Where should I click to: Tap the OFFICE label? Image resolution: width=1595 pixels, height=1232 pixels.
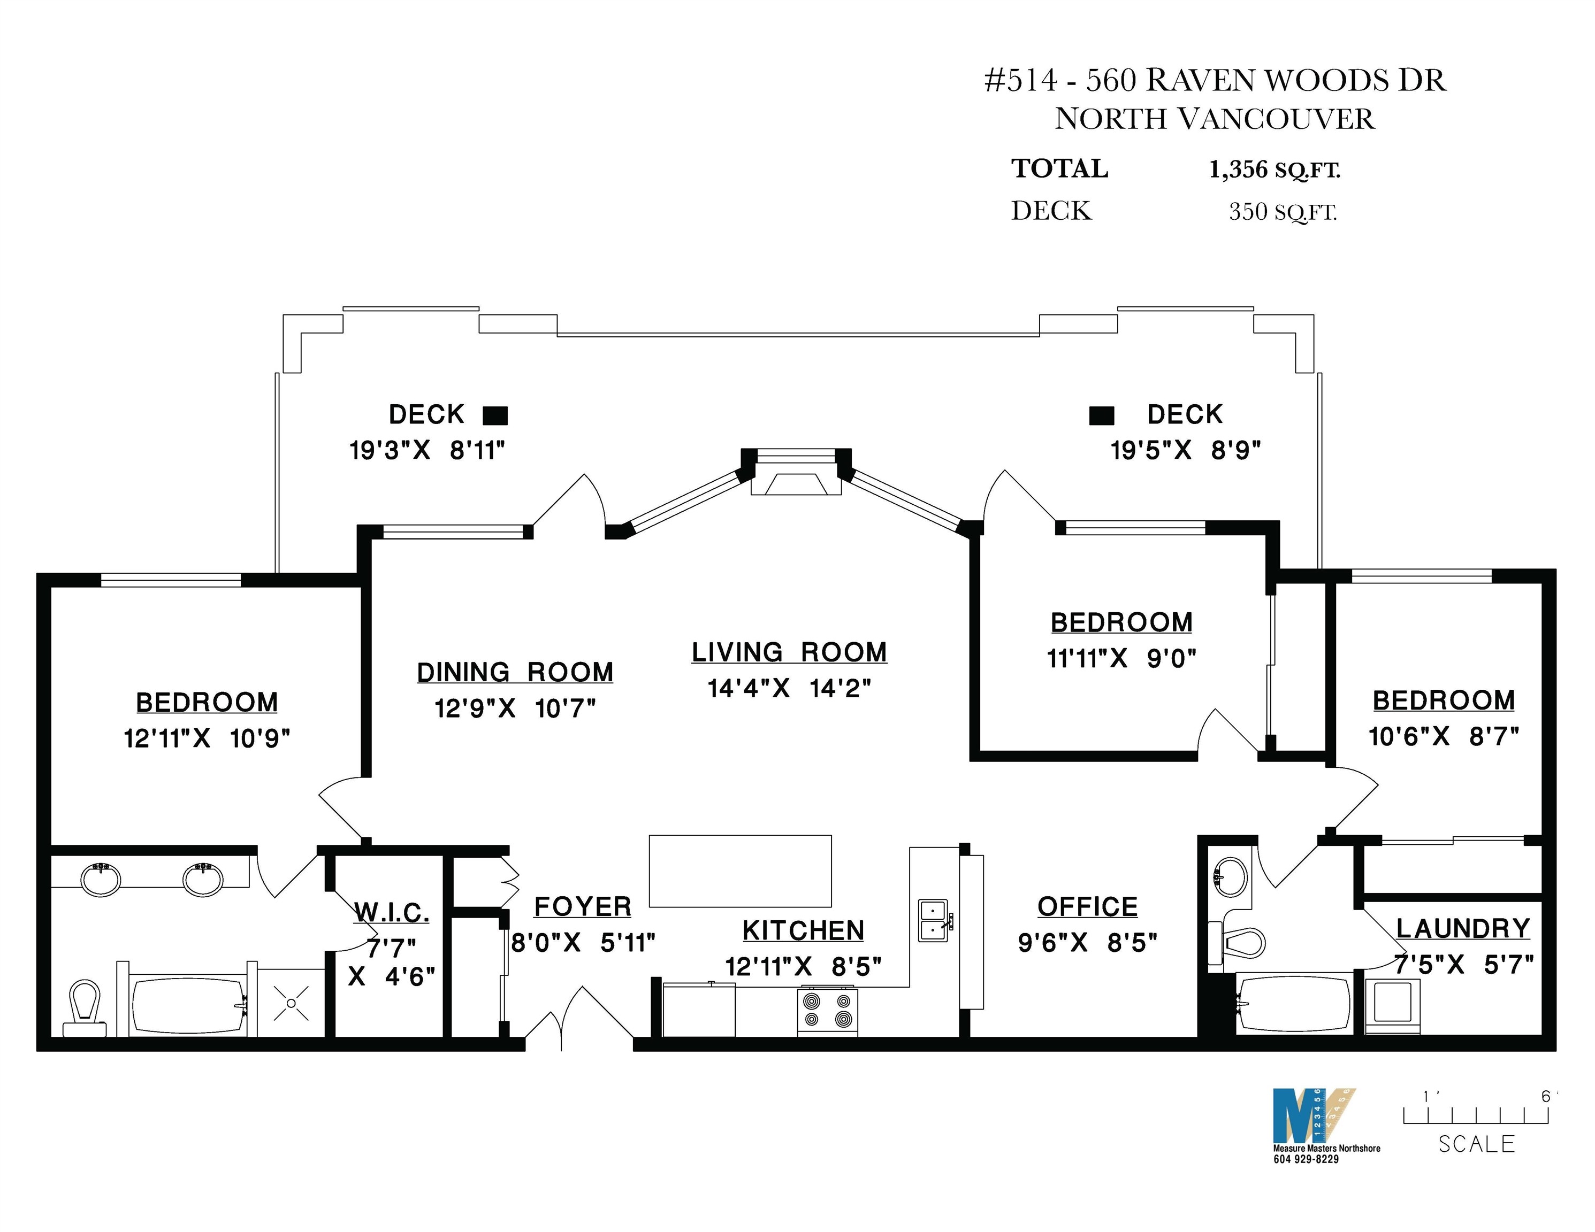point(1087,907)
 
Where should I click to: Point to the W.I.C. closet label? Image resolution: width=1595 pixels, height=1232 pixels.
point(392,913)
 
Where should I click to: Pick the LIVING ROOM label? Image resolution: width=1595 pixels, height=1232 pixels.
point(789,652)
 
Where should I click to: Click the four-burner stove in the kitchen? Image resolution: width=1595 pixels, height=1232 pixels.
point(827,1011)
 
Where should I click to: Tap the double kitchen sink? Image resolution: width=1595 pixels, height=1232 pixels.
point(934,920)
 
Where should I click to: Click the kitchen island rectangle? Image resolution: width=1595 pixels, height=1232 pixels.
point(741,871)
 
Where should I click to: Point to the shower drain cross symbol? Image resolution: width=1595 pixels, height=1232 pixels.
point(292,1003)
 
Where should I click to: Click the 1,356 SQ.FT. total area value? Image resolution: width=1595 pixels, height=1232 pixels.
point(1275,170)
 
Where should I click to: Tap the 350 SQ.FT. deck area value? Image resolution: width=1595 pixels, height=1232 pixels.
point(1283,212)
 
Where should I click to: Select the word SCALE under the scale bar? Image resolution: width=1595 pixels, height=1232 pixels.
point(1477,1144)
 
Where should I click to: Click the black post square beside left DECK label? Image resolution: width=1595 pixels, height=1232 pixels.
point(495,416)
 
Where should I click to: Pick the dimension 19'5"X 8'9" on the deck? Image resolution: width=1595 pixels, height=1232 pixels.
point(1185,450)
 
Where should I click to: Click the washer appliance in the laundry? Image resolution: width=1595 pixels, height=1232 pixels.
point(1393,1005)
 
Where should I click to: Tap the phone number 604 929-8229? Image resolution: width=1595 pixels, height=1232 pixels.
point(1306,1159)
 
